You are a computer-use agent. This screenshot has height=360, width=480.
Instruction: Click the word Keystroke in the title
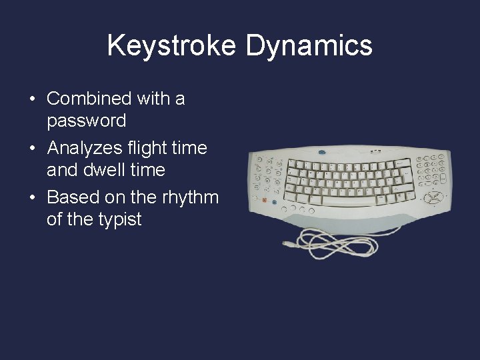pos(172,46)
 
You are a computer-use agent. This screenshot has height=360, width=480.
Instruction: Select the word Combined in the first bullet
pos(89,99)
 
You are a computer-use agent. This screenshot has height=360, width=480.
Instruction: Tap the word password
pos(86,121)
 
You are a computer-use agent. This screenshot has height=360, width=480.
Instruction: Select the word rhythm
pos(190,197)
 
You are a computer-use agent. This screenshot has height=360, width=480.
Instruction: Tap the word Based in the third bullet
pos(72,197)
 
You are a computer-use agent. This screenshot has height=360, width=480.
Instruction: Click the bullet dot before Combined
pos(32,99)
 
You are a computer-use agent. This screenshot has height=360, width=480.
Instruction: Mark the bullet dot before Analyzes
pos(32,149)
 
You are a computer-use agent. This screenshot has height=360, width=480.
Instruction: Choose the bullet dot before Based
pos(32,198)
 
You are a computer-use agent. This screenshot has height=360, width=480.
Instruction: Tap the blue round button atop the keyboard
pos(321,152)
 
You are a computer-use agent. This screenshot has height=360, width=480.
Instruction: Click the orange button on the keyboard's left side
pos(265,200)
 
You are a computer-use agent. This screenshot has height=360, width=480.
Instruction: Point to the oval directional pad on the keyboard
pos(433,198)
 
